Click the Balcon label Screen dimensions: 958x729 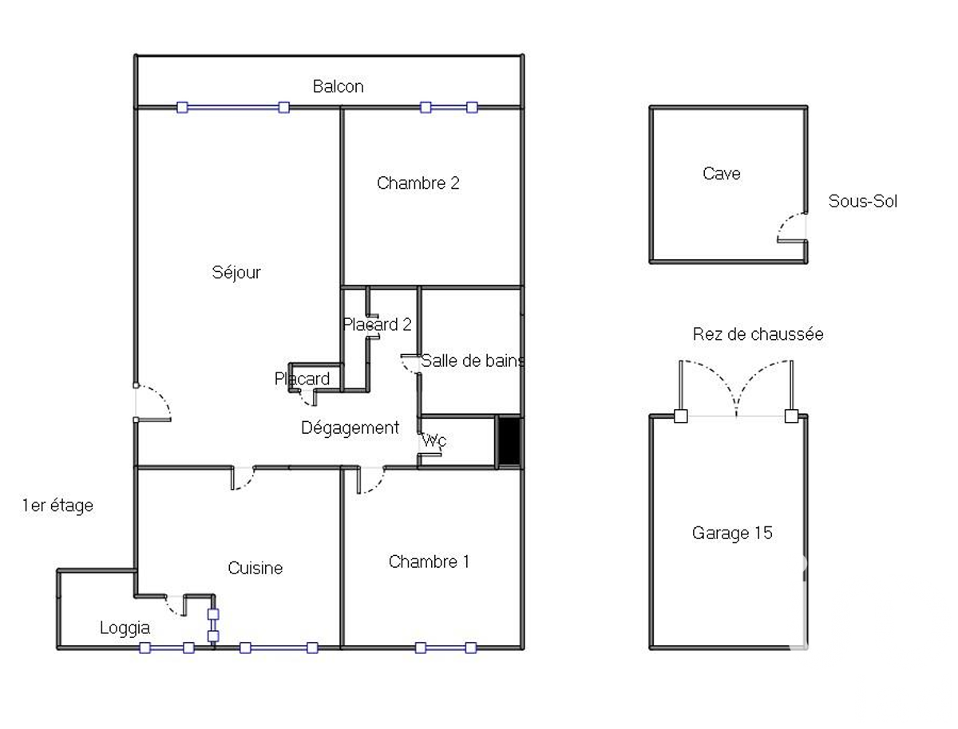[338, 86]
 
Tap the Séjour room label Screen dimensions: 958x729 [236, 273]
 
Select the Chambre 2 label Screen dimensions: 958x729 [418, 183]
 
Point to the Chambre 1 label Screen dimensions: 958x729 [429, 562]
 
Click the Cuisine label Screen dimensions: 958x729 [255, 568]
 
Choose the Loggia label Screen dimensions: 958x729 [125, 629]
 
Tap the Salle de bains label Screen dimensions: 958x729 [473, 361]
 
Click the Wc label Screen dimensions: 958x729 [434, 440]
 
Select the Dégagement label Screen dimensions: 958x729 [350, 428]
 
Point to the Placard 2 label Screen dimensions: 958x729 [377, 325]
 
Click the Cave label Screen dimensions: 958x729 [722, 174]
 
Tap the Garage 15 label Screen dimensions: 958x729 [732, 533]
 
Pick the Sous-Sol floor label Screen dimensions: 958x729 [863, 201]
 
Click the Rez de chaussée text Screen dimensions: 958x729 [758, 334]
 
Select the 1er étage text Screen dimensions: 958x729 [57, 506]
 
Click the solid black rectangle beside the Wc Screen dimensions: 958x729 [509, 441]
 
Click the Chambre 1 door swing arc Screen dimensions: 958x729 [376, 485]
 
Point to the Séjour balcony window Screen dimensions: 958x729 [233, 107]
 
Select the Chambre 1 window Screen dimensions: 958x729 [445, 648]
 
